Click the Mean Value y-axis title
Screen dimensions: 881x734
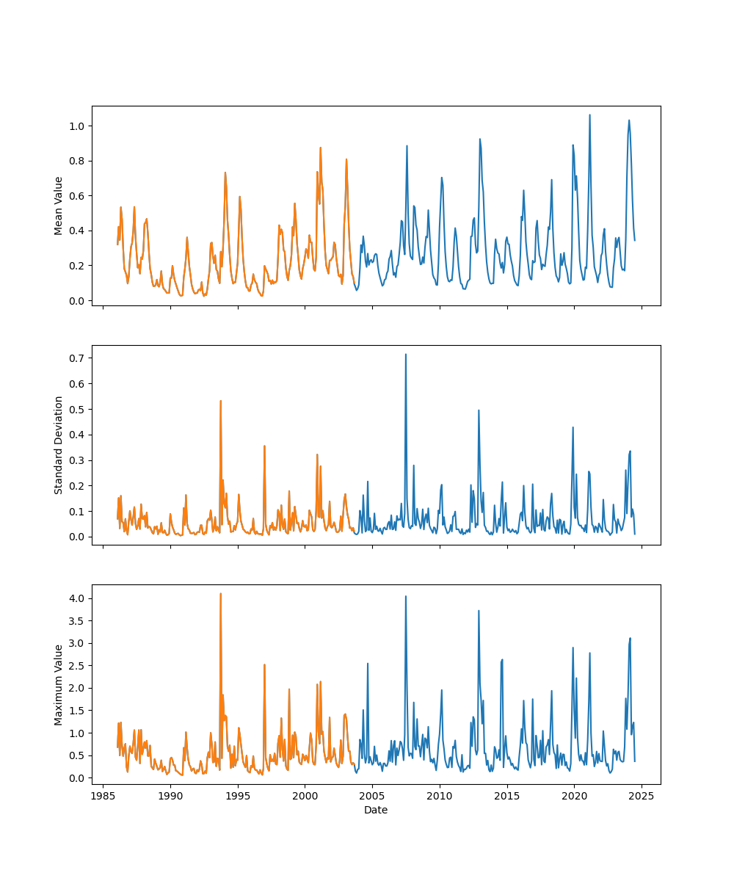(x=59, y=206)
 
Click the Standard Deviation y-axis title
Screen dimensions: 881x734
(x=59, y=445)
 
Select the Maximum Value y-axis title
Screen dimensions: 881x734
(x=59, y=684)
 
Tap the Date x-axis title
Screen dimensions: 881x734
(x=376, y=810)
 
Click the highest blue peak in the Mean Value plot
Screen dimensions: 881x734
(x=589, y=115)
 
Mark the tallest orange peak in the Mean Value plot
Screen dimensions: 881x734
(x=320, y=148)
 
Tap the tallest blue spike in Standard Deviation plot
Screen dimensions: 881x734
(x=405, y=355)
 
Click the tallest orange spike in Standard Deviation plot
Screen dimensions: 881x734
(x=220, y=401)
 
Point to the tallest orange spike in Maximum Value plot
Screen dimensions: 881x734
(x=220, y=594)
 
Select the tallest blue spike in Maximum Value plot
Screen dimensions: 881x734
(x=405, y=596)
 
